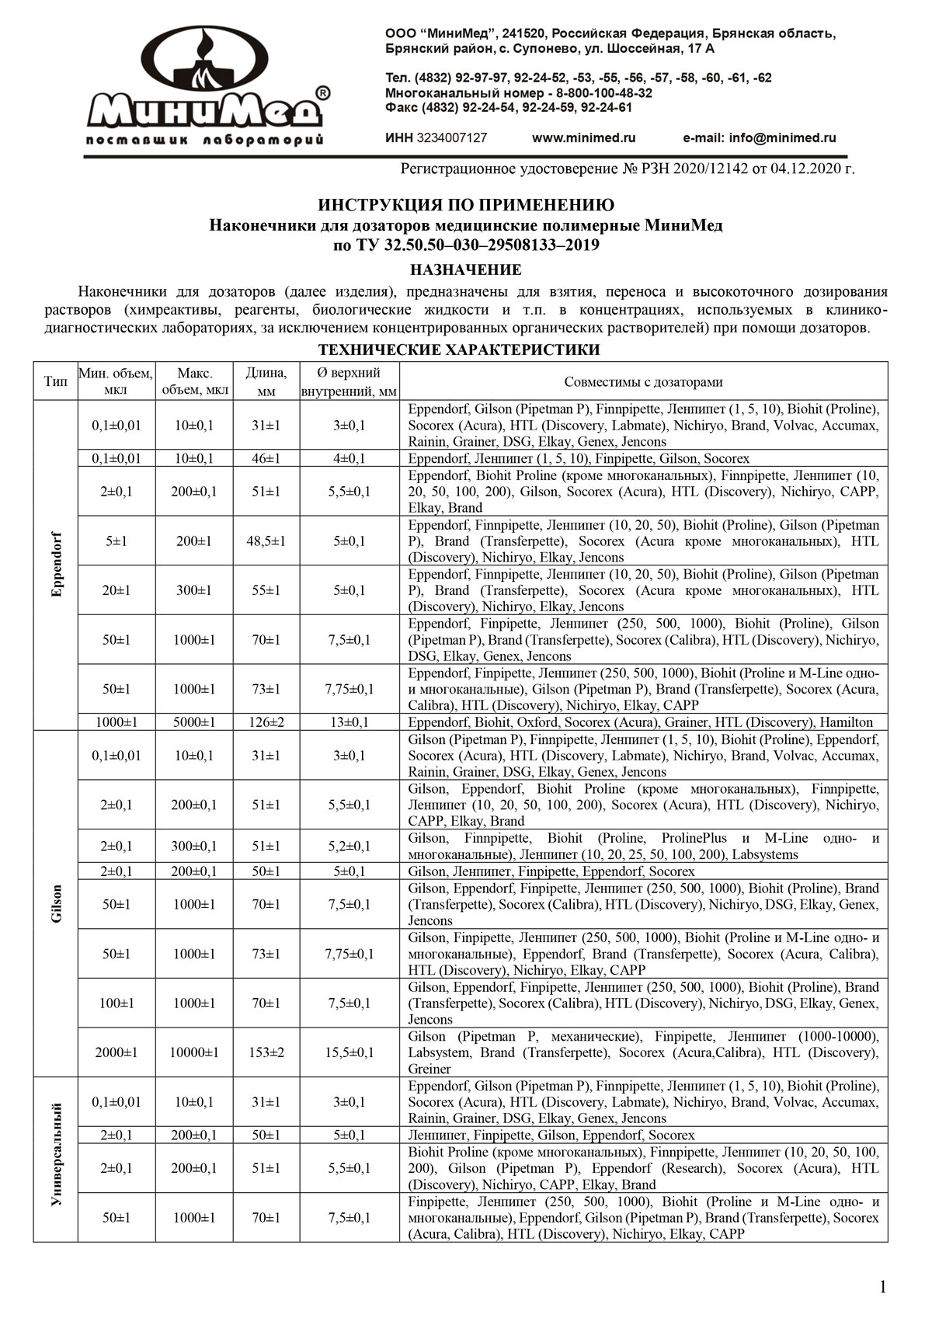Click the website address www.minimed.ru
pyautogui.click(x=583, y=137)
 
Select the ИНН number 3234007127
pyautogui.click(x=452, y=137)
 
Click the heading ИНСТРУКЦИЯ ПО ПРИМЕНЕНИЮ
pyautogui.click(x=466, y=205)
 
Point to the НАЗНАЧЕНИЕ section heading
pyautogui.click(x=466, y=270)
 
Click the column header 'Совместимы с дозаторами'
pyautogui.click(x=643, y=381)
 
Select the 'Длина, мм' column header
pyautogui.click(x=266, y=381)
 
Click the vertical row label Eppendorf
pyautogui.click(x=55, y=565)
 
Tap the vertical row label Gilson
pyautogui.click(x=55, y=903)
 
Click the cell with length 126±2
pyautogui.click(x=266, y=722)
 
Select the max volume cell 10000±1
pyautogui.click(x=193, y=1052)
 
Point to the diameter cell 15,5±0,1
pyautogui.click(x=349, y=1052)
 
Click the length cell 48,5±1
pyautogui.click(x=266, y=541)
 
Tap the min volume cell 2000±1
pyautogui.click(x=116, y=1052)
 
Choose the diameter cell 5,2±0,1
pyautogui.click(x=349, y=847)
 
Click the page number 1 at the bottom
pyautogui.click(x=882, y=1287)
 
